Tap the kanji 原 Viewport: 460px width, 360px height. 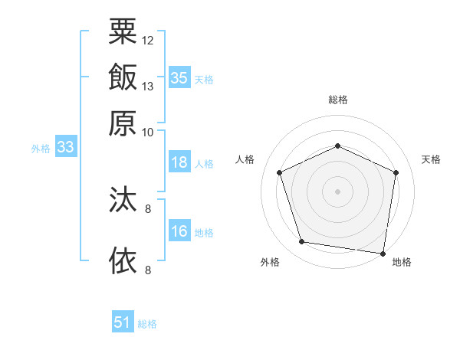coord(123,123)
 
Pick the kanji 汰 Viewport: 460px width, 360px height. coord(123,201)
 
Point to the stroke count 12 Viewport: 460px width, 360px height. coord(148,40)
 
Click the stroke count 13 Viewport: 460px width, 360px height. coord(148,86)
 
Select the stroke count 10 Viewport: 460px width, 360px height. coord(148,132)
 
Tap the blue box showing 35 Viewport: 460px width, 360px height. coord(179,77)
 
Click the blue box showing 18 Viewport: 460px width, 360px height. coord(179,162)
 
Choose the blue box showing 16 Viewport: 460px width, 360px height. coord(179,231)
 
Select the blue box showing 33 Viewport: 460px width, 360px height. coord(65,147)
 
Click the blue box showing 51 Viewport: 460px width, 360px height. coord(123,322)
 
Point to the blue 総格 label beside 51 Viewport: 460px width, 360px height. coord(147,324)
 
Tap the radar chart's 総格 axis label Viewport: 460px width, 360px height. coord(338,100)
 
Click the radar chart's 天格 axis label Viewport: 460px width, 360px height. coord(431,159)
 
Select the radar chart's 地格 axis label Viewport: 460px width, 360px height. coord(402,262)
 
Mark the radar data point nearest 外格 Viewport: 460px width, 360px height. coord(302,242)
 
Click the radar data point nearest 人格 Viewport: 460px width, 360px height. coord(280,172)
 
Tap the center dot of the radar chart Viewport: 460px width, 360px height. coord(338,191)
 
